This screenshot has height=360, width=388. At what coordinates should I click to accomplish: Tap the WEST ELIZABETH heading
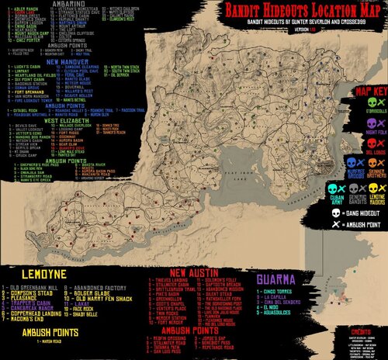coord(68,121)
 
